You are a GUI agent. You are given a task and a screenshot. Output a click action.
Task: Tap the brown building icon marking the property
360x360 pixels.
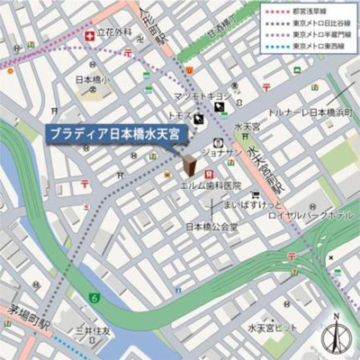(191, 165)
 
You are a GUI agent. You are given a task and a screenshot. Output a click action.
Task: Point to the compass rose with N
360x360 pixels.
(336, 335)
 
